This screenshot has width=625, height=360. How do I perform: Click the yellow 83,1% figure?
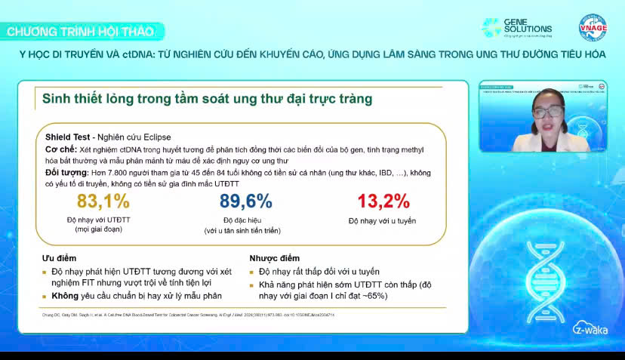click(x=103, y=202)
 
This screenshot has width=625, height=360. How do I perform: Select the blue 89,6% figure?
click(x=245, y=202)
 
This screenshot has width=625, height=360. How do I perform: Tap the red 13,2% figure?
click(x=383, y=202)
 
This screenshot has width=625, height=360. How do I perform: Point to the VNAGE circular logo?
click(x=592, y=27)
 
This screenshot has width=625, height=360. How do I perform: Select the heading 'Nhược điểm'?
click(x=274, y=258)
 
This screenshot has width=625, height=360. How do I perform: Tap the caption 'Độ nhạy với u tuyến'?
click(x=382, y=221)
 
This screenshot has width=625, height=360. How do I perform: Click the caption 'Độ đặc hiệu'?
click(x=245, y=220)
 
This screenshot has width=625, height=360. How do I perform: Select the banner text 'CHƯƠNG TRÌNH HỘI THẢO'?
click(x=80, y=32)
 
